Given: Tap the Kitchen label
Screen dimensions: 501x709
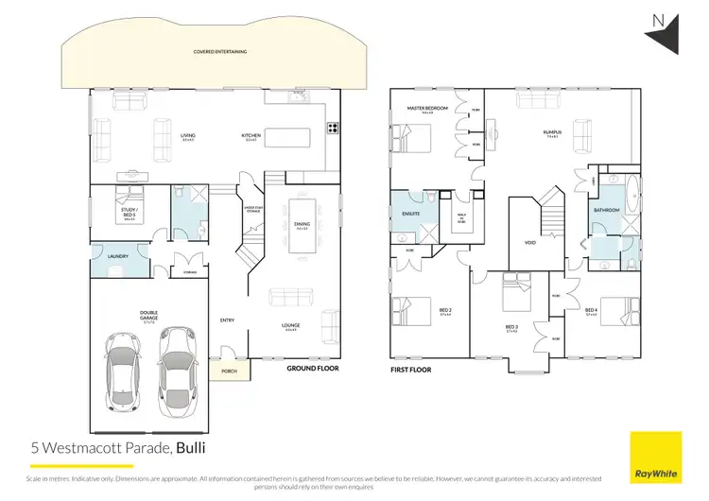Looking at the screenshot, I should [x=251, y=136].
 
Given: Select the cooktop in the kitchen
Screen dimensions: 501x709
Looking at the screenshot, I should [x=333, y=130].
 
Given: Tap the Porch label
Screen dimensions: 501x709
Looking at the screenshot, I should [x=228, y=371].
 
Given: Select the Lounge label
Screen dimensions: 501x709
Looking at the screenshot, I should [x=291, y=327].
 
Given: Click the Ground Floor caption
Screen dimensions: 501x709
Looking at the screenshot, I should [x=313, y=370].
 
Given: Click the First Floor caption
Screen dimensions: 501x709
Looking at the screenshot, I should [x=411, y=370].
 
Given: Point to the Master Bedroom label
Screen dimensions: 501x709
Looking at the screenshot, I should [x=426, y=109].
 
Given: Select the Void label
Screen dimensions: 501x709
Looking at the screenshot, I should [x=530, y=243].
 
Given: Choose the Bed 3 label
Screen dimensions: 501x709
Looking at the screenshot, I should [x=513, y=329].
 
